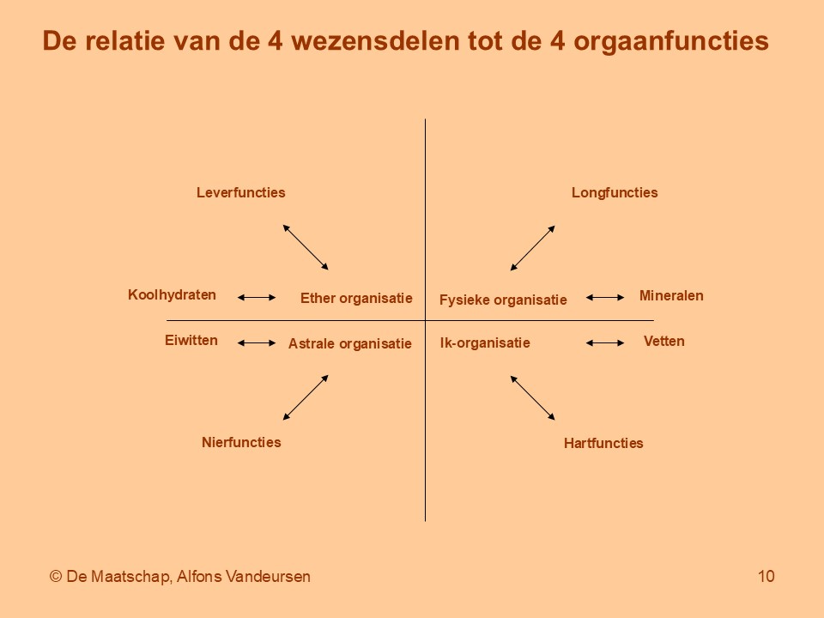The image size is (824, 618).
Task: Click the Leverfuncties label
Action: point(240,192)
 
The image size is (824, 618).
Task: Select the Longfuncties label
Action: point(615,192)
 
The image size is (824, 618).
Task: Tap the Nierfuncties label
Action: point(241,442)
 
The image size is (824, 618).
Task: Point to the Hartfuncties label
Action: point(603,443)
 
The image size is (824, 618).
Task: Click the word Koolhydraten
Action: point(172,294)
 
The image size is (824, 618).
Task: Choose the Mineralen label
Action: point(671,295)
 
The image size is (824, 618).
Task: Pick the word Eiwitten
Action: point(191,340)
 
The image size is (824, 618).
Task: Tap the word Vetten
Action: point(663,341)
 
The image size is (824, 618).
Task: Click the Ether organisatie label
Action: point(356,298)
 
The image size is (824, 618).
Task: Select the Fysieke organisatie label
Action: point(503,300)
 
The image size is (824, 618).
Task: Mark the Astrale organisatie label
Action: point(349,343)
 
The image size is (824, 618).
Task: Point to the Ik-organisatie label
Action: point(485,343)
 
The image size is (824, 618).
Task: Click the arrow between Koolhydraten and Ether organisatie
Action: point(257,298)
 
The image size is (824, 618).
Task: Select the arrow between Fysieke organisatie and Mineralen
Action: point(605,298)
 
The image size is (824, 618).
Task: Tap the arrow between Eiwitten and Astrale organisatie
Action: point(257,343)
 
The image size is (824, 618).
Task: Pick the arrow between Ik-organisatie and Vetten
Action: point(605,343)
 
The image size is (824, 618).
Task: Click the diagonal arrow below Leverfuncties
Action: point(306,247)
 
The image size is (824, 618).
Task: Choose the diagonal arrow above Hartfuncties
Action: point(533,397)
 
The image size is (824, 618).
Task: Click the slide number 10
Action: point(766,577)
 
